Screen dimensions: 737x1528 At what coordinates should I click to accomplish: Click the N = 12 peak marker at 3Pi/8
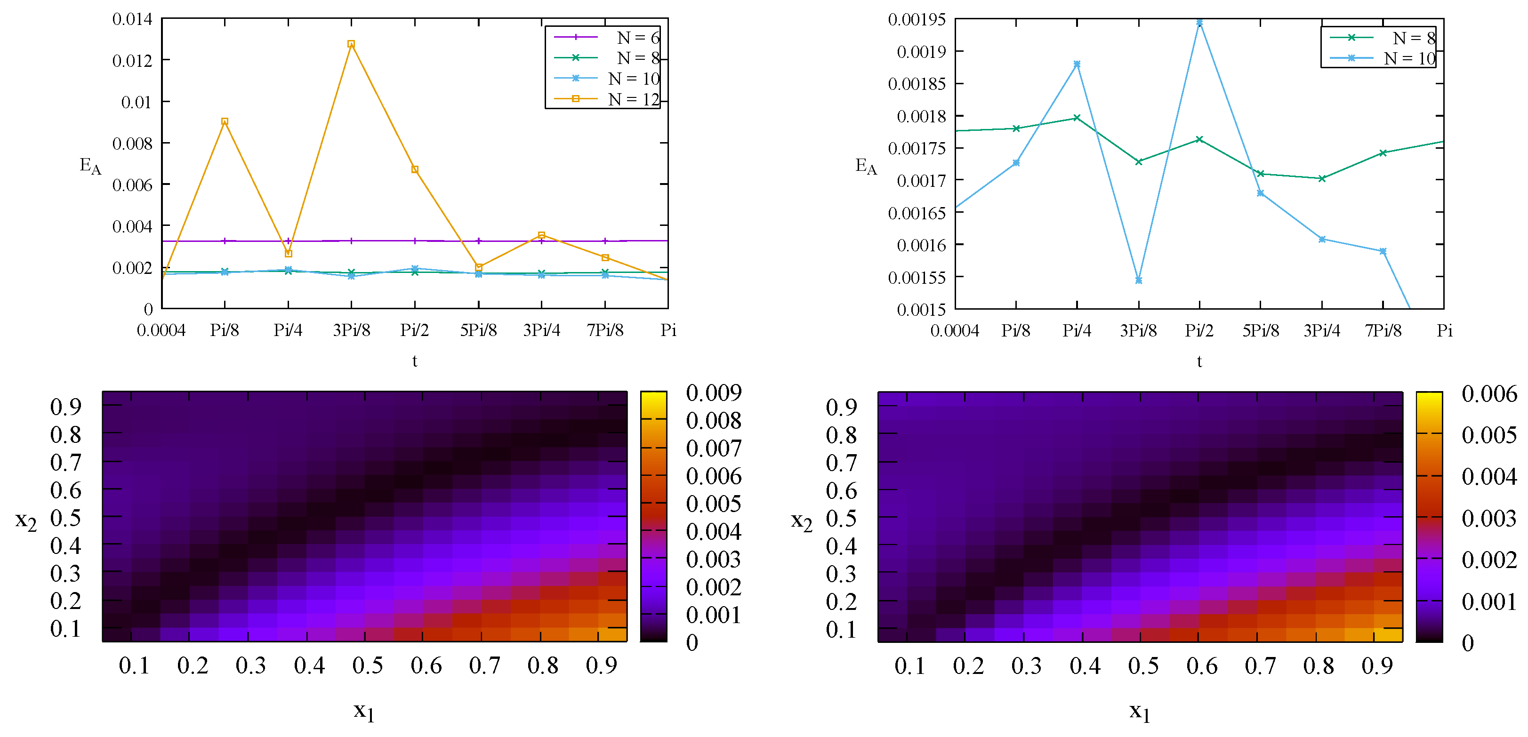[x=351, y=44]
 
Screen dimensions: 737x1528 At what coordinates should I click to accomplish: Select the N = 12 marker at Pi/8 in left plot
[x=225, y=121]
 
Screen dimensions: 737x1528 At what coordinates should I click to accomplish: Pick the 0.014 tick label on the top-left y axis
[x=132, y=19]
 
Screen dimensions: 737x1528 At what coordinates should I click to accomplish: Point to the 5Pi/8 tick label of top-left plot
[x=478, y=330]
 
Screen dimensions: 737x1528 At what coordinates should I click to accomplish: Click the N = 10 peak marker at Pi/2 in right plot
[x=1199, y=23]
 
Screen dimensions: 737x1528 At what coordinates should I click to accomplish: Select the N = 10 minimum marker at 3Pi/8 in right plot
[x=1138, y=280]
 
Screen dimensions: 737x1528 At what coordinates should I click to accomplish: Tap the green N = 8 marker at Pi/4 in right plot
[x=1077, y=118]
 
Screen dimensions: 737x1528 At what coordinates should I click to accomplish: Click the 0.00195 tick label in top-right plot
[x=917, y=20]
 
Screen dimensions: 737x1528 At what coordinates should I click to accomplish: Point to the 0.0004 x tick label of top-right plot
[x=954, y=330]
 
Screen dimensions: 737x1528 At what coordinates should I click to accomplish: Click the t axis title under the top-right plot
[x=1199, y=361]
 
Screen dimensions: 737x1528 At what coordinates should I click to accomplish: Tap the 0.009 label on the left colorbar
[x=714, y=393]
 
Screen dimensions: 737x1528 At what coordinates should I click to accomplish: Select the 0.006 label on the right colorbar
[x=1489, y=394]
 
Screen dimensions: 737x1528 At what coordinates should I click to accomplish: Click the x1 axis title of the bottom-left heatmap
[x=363, y=711]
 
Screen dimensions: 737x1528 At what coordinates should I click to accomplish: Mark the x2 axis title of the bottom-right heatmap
[x=801, y=521]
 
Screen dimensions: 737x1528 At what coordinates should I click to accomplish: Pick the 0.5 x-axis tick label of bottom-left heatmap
[x=367, y=665]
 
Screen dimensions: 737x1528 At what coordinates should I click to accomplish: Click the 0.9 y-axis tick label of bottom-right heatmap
[x=841, y=407]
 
